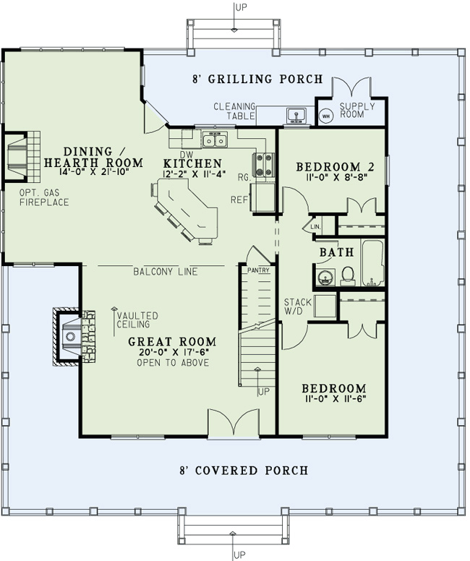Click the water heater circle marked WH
coord(325,116)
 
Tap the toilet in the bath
coord(348,276)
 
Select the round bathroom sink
coord(325,278)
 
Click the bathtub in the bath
coord(372,263)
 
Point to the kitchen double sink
coord(215,140)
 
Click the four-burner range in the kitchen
coord(263,165)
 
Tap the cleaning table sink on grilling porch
coord(296,115)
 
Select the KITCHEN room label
coord(192,163)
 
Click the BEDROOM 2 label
coord(335,167)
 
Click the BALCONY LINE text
coord(166,272)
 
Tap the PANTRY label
coord(258,270)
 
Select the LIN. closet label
coord(315,227)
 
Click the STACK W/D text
coord(297,307)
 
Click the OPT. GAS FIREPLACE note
coord(43,197)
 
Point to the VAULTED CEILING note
coord(137,320)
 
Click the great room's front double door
coord(234,423)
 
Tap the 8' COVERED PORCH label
coord(244,470)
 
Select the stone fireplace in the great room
coord(74,336)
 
